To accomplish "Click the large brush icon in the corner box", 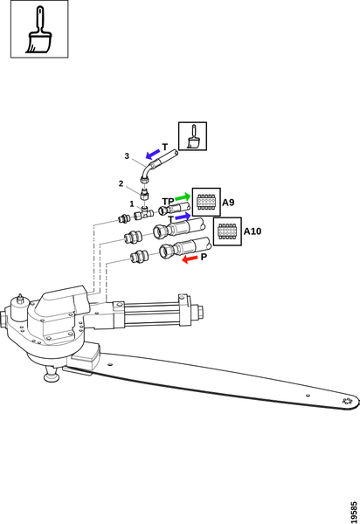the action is (38, 30).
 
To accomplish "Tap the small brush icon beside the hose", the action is (193, 136).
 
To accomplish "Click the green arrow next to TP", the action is (183, 196).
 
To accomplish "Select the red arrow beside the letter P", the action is (190, 259).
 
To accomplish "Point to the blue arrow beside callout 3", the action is (153, 154).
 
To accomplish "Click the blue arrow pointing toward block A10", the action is (183, 217).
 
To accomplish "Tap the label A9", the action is (228, 203).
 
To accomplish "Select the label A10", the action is (253, 231).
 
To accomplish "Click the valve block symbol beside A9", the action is (206, 202).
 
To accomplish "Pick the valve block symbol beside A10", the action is (227, 231).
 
